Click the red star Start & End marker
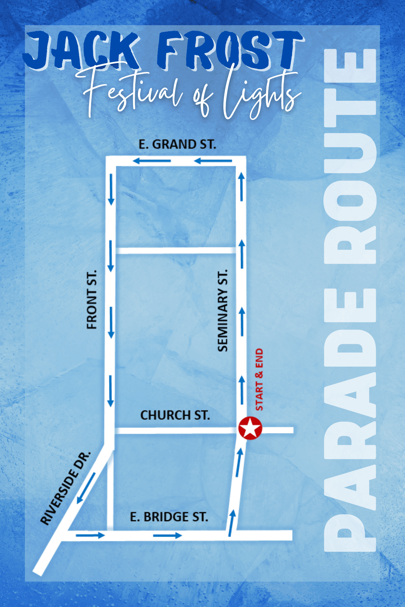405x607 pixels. point(250,428)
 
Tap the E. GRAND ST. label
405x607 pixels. point(177,144)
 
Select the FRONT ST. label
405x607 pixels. point(91,300)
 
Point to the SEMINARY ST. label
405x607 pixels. point(223,310)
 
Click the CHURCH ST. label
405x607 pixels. point(175,415)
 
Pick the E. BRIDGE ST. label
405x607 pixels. point(169,517)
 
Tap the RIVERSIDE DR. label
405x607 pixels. point(66,488)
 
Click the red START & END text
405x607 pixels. point(259,379)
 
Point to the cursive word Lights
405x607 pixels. point(261,94)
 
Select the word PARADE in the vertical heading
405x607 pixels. point(350,419)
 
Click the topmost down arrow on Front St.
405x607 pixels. point(111,190)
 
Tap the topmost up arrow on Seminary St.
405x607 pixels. point(242,187)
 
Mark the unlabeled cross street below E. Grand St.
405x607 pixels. point(176,250)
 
